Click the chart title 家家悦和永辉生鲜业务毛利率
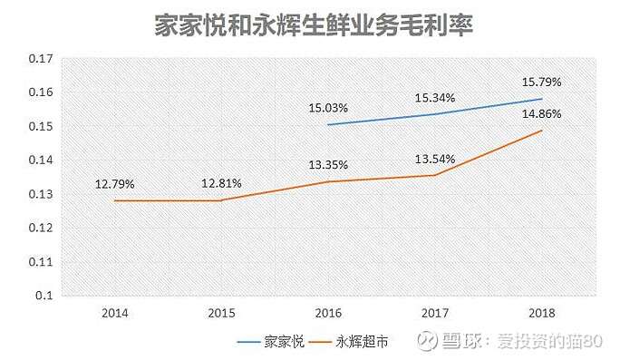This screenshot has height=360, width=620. pos(313,25)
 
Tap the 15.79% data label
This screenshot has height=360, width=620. pos(541,83)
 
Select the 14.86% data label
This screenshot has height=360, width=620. pos(541,114)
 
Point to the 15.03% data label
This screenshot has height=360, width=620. pos(328,108)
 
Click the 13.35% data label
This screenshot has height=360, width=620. pos(328,164)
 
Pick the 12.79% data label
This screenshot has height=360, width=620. pos(115,184)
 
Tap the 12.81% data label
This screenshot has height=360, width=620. pos(221,183)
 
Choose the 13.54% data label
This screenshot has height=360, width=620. pos(435,159)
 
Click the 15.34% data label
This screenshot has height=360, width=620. pos(435,98)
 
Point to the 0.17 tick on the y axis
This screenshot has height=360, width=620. pos(41,59)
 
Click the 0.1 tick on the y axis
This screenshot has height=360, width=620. pos(44,295)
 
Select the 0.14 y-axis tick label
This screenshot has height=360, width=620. pos(41,160)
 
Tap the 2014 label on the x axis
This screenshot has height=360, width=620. pos(115,313)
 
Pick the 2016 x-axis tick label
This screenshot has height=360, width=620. pos(328,313)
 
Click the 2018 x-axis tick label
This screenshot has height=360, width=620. pos(542,313)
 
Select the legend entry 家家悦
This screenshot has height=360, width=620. pos(270,341)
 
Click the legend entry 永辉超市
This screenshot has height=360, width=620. pos(348,341)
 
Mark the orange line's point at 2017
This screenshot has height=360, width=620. pos(435,175)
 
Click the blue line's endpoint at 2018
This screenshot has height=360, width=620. pos(542,99)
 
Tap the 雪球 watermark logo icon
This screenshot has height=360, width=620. pos(428,341)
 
